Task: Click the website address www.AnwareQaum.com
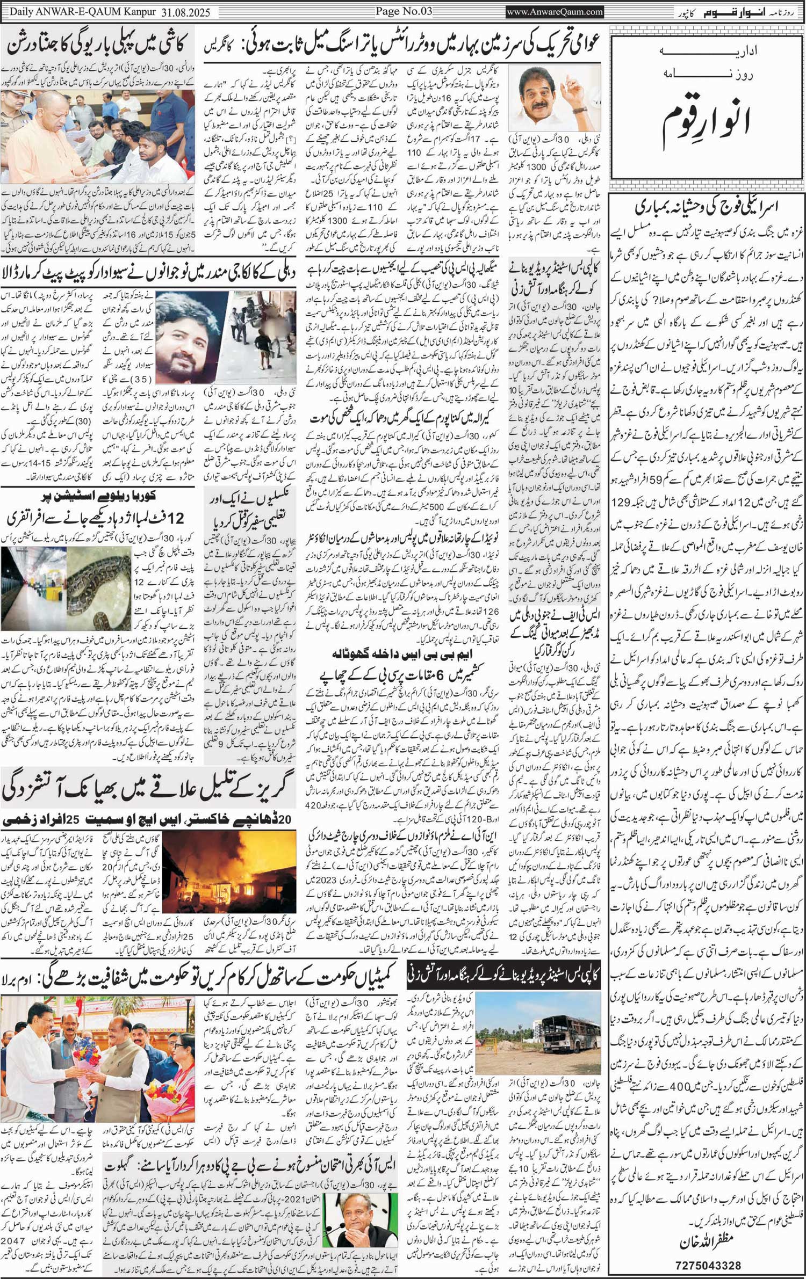click(x=555, y=11)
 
